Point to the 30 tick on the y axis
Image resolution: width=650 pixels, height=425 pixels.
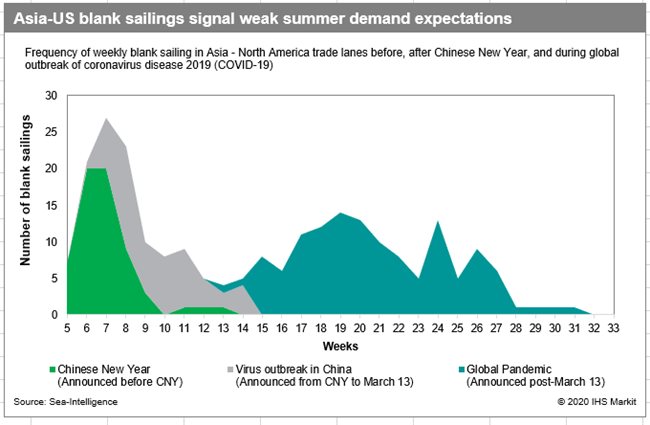click(51, 96)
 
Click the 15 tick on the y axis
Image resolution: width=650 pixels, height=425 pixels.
click(51, 205)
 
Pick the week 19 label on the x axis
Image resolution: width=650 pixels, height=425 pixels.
click(342, 327)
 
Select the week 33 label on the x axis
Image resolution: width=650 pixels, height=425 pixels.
click(612, 327)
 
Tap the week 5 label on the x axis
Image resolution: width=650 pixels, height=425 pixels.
click(68, 327)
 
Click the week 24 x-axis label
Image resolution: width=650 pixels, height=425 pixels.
click(438, 327)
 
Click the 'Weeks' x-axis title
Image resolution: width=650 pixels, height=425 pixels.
click(340, 345)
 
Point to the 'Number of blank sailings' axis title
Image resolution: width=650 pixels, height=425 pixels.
click(26, 205)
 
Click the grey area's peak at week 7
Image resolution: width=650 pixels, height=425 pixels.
click(106, 119)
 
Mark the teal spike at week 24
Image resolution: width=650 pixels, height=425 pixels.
click(438, 221)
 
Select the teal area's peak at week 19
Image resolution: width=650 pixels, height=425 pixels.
click(342, 213)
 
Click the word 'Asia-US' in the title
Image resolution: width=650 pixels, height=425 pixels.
click(44, 18)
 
